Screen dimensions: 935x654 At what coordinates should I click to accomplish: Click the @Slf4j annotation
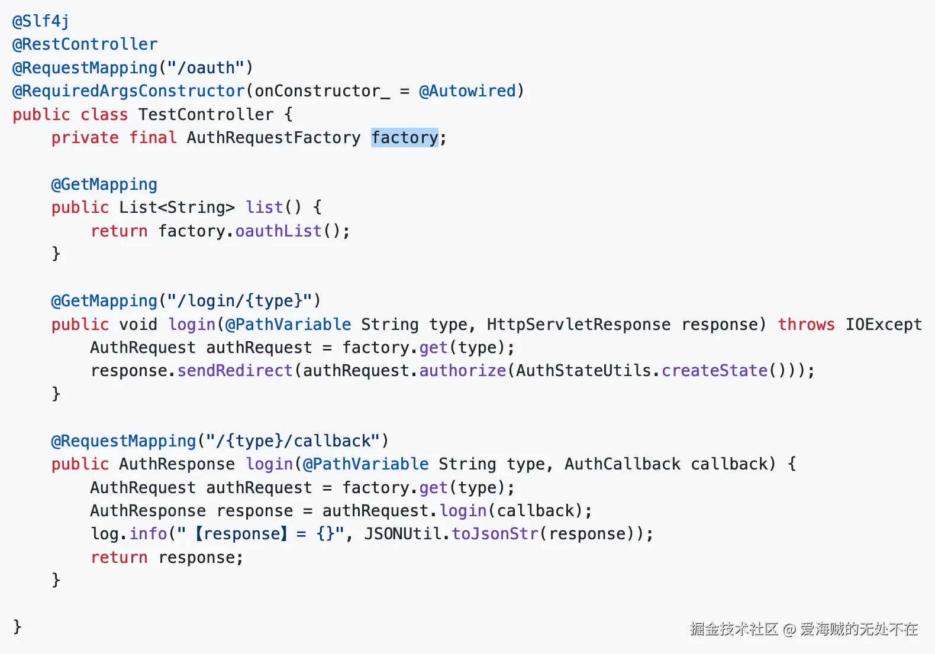(x=41, y=21)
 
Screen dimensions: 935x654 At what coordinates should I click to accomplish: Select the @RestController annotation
(x=85, y=44)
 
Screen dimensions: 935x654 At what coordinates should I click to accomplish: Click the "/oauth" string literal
(x=206, y=68)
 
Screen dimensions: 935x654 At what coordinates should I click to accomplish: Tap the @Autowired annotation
(x=467, y=91)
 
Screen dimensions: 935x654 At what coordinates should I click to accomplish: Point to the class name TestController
(x=206, y=114)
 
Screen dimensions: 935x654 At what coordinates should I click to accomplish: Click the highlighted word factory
(x=405, y=138)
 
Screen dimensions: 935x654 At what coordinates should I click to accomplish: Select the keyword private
(x=85, y=138)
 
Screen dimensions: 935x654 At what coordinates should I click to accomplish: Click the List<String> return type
(x=177, y=208)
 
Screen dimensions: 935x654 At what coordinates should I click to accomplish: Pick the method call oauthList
(x=279, y=231)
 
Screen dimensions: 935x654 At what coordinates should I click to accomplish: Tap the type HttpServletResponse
(x=579, y=325)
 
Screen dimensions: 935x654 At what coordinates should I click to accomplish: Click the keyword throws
(x=806, y=325)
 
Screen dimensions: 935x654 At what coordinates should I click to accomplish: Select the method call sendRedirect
(x=235, y=371)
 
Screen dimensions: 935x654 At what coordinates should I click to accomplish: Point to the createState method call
(x=714, y=371)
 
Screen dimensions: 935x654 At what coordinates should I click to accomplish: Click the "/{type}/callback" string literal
(x=293, y=441)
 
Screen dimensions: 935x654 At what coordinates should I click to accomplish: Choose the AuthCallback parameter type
(x=622, y=464)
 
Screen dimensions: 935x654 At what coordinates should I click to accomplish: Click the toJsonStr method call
(x=495, y=534)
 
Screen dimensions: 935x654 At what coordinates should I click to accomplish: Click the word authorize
(x=463, y=371)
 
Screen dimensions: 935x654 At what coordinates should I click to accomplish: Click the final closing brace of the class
(x=17, y=626)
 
